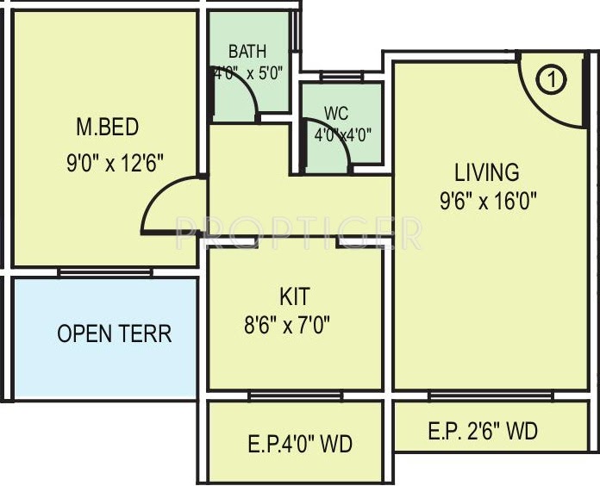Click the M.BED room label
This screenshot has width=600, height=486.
[x=108, y=127]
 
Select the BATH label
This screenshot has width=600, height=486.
[x=247, y=52]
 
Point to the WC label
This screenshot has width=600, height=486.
[x=336, y=113]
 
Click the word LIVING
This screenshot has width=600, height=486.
[x=487, y=172]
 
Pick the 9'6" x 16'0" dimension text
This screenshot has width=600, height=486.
[x=488, y=201]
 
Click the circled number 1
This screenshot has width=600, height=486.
[x=552, y=80]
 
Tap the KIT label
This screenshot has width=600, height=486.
[x=295, y=296]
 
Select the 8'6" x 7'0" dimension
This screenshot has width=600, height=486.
[x=287, y=326]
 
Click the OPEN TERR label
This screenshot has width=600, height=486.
[x=115, y=333]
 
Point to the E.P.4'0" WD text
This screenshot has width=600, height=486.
[x=300, y=444]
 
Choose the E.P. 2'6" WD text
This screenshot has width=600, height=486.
[x=483, y=431]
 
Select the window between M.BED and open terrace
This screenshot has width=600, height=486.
[x=105, y=272]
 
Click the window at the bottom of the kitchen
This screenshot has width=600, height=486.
[x=296, y=396]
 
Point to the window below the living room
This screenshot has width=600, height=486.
[x=491, y=396]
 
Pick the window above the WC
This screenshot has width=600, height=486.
[x=341, y=76]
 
